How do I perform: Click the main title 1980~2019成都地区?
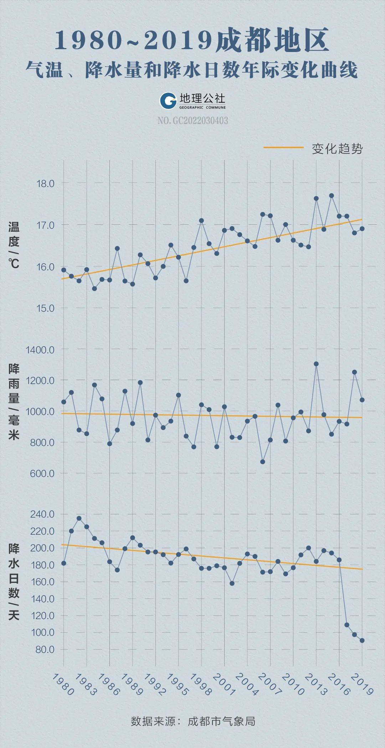tap(192, 40)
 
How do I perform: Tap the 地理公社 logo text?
tap(202, 99)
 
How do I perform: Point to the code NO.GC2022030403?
tap(192, 120)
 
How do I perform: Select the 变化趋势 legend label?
tap(337, 149)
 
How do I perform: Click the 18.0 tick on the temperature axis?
tap(45, 184)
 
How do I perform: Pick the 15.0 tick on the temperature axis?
tap(45, 308)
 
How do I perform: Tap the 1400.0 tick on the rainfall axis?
tap(40, 350)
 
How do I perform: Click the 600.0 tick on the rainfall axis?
tap(42, 474)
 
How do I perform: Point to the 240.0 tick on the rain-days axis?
tap(42, 514)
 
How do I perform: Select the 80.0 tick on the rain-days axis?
tap(45, 650)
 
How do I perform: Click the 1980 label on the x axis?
tap(63, 684)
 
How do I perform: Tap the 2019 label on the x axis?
tap(361, 684)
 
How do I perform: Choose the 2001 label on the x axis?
tap(224, 684)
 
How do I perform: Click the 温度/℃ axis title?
tap(14, 245)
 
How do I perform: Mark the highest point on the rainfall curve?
tap(316, 364)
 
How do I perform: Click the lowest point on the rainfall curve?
tap(263, 462)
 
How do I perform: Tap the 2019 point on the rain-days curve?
tap(362, 640)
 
